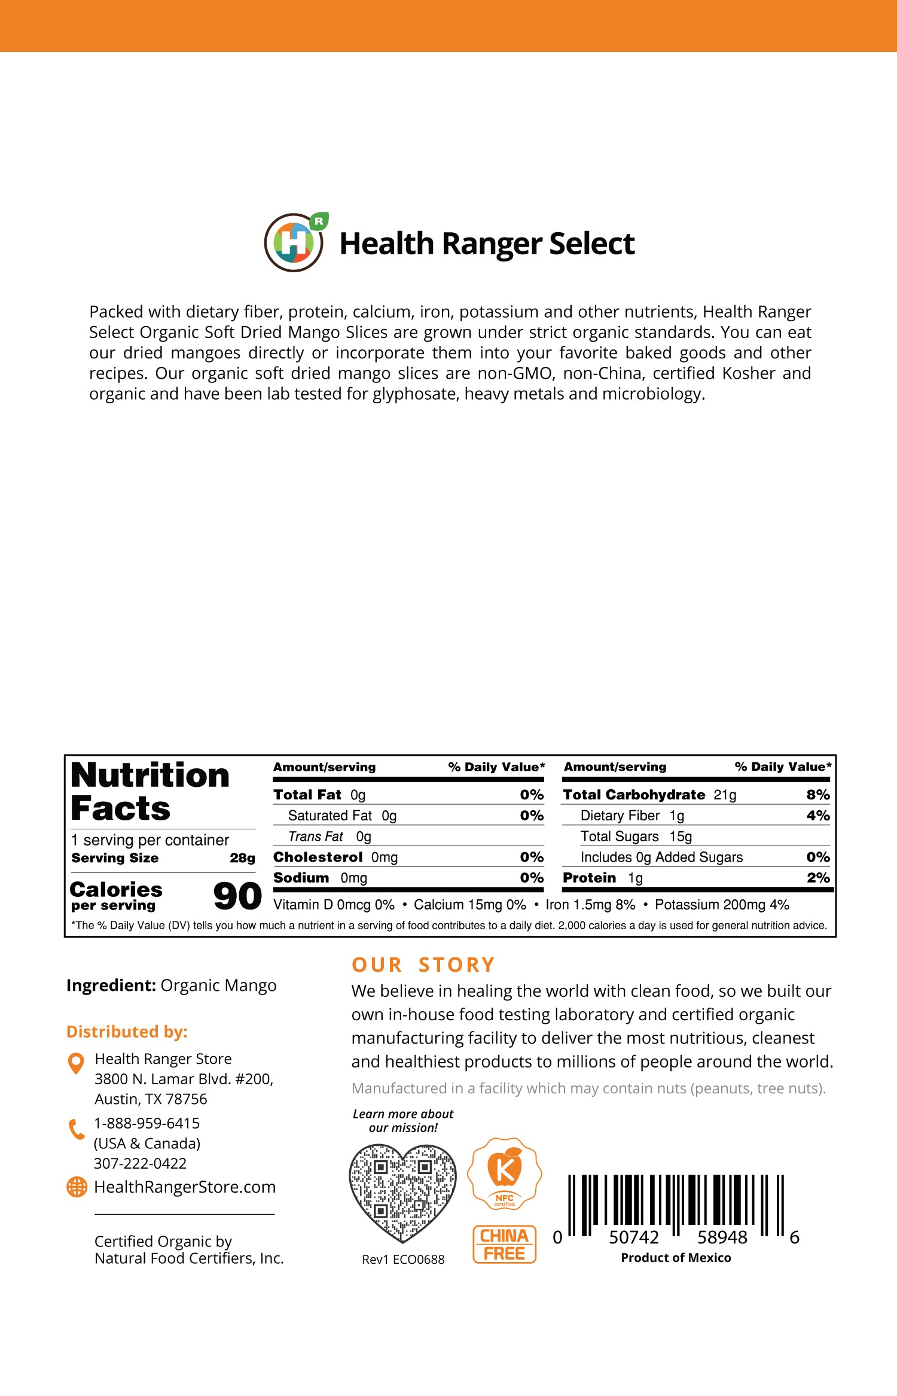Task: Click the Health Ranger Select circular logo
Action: pos(294,243)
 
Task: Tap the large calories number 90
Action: pos(237,896)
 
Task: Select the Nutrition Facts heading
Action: pos(149,792)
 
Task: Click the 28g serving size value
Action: pos(242,858)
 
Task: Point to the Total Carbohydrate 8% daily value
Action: pos(817,795)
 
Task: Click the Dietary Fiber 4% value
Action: pos(817,816)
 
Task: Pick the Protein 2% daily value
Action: pos(817,878)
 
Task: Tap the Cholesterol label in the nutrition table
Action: pos(318,857)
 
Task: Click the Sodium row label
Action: pos(301,878)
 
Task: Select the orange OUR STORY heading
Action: pos(423,965)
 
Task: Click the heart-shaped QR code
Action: pos(402,1192)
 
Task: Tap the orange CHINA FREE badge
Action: pos(504,1244)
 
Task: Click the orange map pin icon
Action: pos(76,1063)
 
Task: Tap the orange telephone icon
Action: pos(77,1130)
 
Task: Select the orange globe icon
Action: pos(77,1187)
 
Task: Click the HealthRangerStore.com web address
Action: pos(185,1187)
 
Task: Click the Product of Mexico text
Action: pos(676,1258)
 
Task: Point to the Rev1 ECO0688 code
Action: pos(403,1260)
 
